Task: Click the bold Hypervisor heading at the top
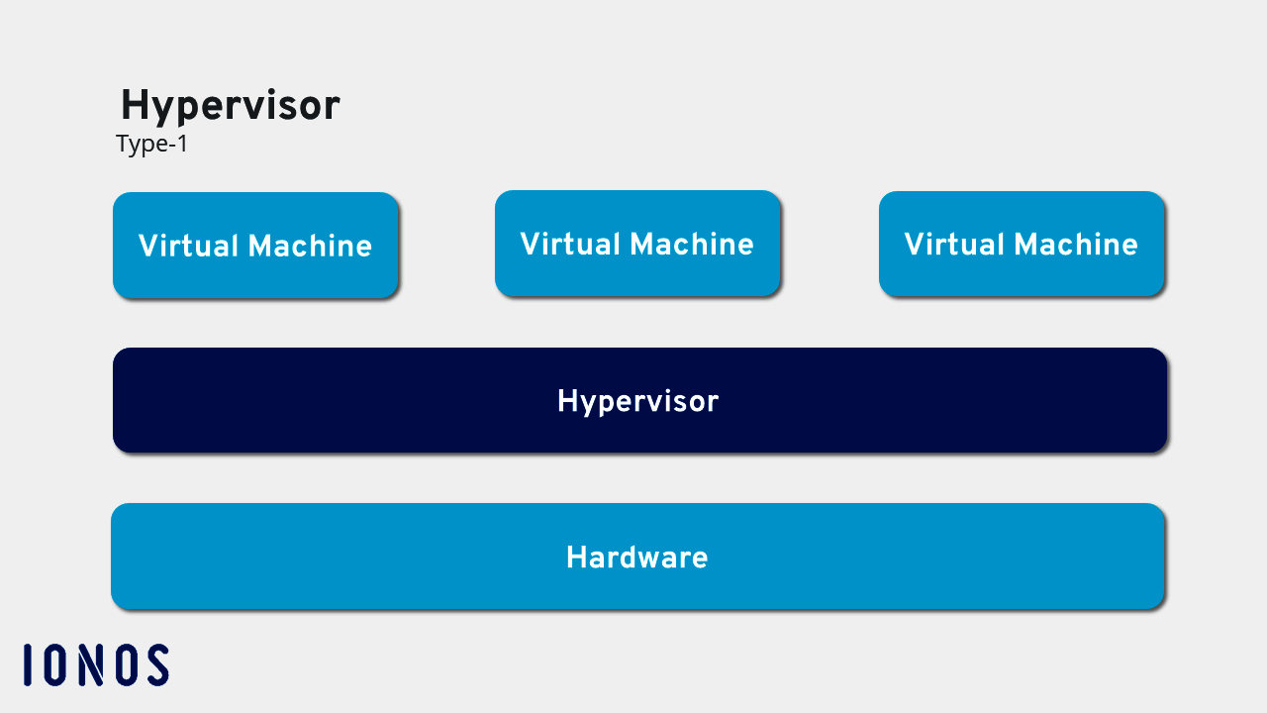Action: [230, 106]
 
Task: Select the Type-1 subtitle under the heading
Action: [151, 145]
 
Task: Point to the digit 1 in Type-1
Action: [181, 145]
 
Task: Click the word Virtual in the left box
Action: [188, 247]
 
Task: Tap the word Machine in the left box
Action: [310, 247]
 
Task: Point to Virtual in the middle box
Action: [570, 245]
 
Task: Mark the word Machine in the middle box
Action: [692, 245]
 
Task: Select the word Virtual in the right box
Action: [954, 245]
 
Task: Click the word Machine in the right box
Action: [1076, 245]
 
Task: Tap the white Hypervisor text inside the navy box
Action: [637, 401]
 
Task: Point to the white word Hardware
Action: [636, 558]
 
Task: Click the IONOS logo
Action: [96, 664]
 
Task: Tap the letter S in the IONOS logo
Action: [155, 664]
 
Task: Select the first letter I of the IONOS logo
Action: [28, 664]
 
